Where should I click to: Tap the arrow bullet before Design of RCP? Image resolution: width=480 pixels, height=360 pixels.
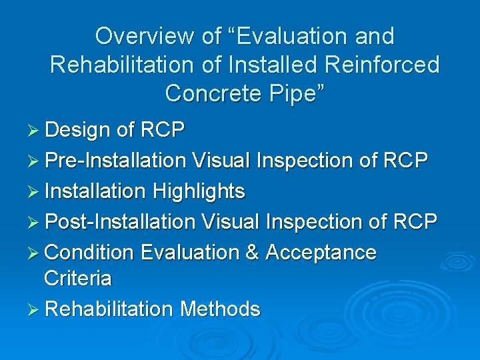tap(35, 130)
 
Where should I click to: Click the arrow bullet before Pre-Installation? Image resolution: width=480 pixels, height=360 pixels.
tap(35, 161)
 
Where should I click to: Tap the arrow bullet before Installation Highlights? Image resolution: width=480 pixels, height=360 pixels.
tap(35, 191)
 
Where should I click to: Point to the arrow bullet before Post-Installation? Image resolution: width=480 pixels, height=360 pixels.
tap(35, 222)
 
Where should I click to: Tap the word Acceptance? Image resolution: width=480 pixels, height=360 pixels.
tap(321, 253)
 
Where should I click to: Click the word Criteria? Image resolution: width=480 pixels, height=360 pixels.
tap(77, 278)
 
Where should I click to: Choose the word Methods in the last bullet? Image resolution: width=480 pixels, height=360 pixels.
tap(220, 309)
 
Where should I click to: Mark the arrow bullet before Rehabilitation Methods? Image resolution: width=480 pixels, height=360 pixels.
tap(35, 309)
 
